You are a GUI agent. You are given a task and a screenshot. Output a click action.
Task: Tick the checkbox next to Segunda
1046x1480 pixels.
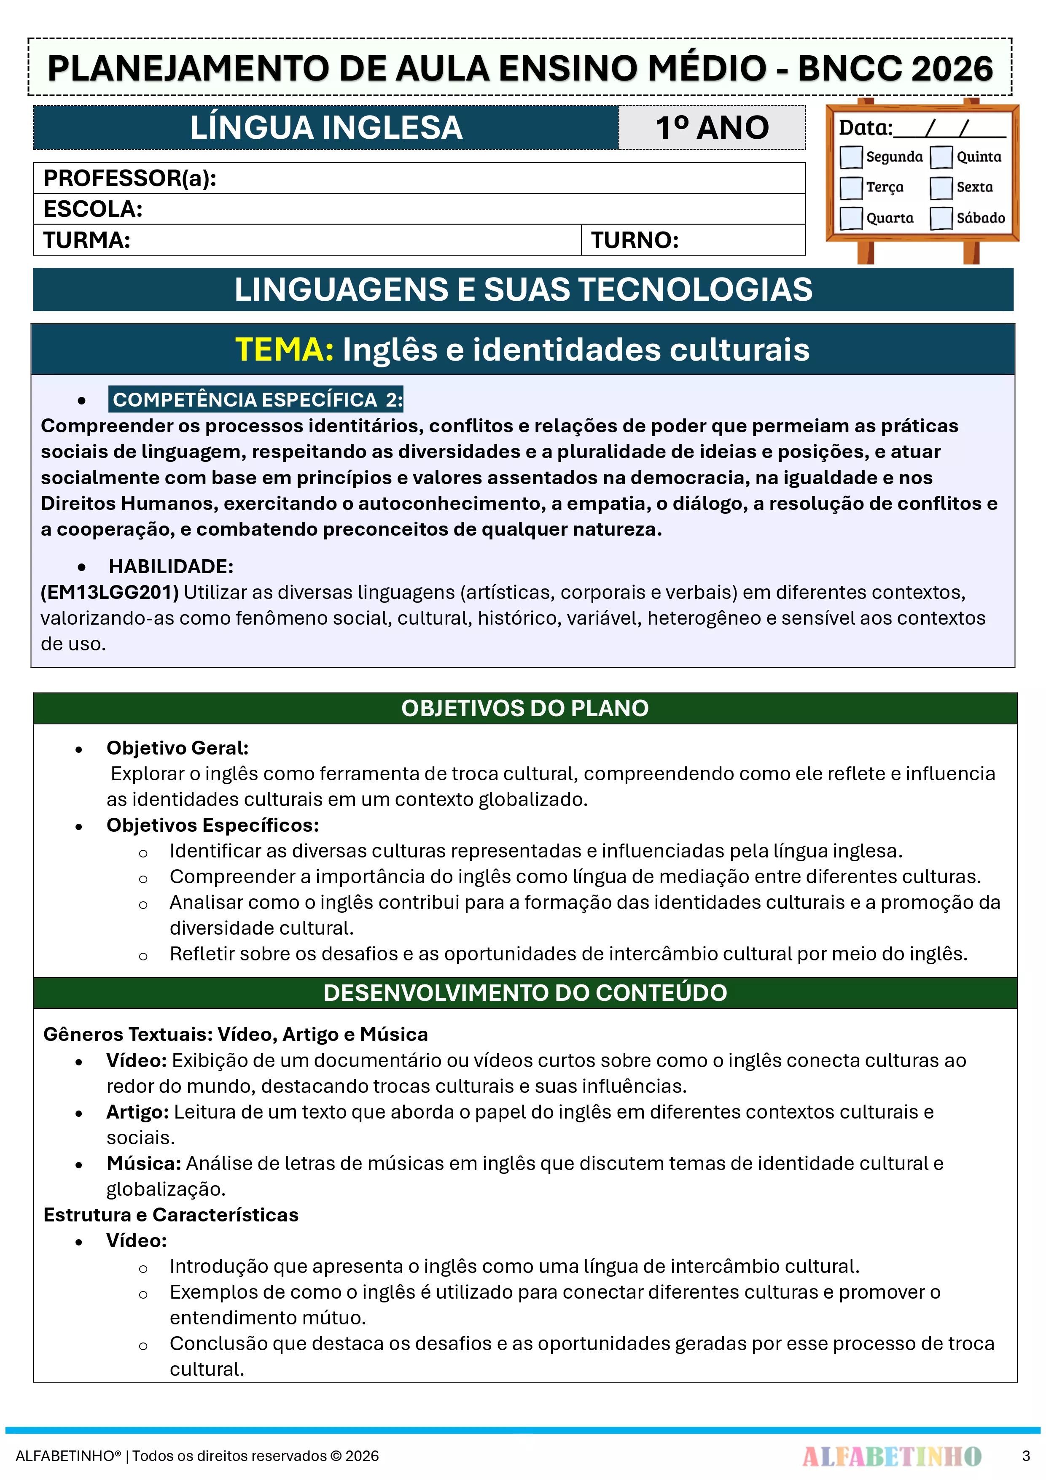[851, 156]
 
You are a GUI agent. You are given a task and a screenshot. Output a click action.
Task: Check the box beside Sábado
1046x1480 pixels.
[941, 218]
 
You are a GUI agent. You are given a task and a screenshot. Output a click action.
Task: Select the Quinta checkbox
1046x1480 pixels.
[941, 156]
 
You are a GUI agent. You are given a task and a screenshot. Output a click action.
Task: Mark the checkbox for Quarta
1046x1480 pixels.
[851, 218]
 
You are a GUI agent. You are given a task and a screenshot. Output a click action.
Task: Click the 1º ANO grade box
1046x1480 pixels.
[712, 128]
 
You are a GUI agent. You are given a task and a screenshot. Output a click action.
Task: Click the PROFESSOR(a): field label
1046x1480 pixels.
[129, 178]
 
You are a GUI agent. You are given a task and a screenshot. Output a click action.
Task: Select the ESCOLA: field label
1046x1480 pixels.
[93, 209]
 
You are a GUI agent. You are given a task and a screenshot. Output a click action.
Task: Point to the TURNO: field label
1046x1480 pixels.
[635, 240]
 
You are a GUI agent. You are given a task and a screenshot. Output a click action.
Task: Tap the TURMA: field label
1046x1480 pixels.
[87, 240]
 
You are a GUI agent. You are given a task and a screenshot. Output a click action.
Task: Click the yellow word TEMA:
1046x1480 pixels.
[284, 350]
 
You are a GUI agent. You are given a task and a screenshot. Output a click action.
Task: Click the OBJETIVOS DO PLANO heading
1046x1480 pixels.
[524, 709]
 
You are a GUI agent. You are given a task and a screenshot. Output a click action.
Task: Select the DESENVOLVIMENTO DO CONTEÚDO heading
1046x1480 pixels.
[524, 993]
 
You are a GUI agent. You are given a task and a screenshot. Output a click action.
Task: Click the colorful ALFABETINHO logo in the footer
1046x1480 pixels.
[891, 1456]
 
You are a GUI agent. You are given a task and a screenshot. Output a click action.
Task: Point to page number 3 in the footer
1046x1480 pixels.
[1025, 1456]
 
